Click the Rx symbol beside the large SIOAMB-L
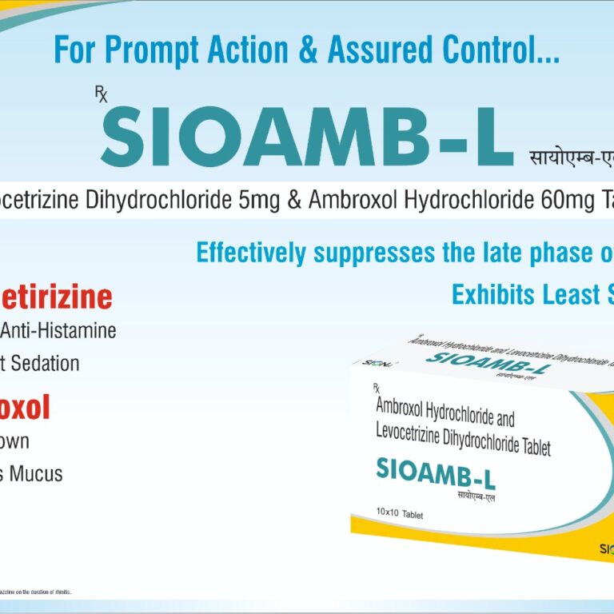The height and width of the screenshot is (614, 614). click(101, 95)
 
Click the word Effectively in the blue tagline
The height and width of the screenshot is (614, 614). click(251, 253)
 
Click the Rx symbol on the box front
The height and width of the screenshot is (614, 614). click(376, 389)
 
